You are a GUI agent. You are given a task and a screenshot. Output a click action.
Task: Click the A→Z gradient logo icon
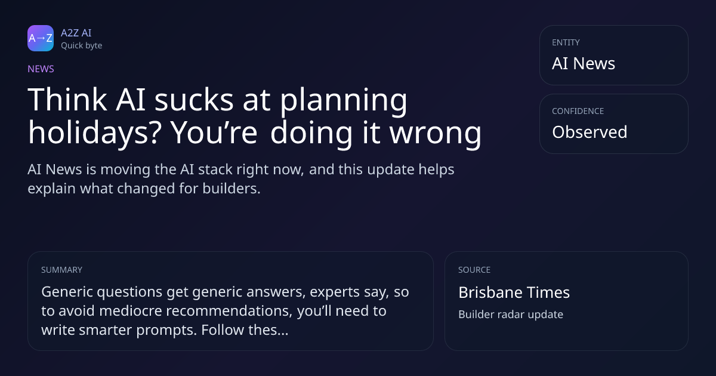[41, 38]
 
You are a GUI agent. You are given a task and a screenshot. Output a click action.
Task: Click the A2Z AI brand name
[76, 33]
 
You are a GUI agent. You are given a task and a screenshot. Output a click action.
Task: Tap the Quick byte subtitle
[82, 46]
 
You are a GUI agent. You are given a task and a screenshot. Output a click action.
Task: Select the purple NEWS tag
[41, 69]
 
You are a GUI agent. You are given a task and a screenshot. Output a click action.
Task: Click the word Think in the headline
[67, 100]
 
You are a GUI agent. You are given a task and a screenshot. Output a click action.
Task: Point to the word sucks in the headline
[194, 100]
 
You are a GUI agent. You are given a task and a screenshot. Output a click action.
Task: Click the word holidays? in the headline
[95, 133]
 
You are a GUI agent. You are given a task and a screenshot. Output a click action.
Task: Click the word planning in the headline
[344, 101]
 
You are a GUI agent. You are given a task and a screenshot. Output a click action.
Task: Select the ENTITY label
[566, 42]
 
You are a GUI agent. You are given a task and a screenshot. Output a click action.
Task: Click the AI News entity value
[584, 63]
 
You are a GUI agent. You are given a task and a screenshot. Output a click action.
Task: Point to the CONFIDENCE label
[578, 111]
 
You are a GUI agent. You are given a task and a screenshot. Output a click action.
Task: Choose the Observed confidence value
[590, 132]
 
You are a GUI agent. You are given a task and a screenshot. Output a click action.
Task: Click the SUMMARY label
[61, 270]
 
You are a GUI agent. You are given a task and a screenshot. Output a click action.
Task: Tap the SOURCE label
[474, 270]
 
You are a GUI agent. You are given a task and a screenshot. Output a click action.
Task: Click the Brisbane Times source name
[514, 292]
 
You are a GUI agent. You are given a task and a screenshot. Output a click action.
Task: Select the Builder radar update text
[511, 315]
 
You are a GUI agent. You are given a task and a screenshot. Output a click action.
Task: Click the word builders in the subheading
[232, 189]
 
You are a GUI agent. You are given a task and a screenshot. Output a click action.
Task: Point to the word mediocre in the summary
[131, 311]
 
